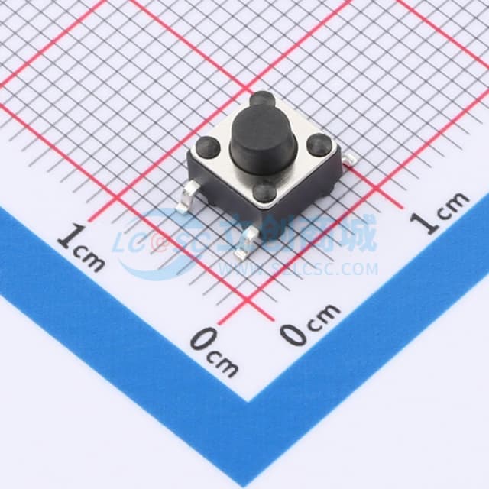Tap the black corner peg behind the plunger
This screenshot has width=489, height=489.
click(261, 99)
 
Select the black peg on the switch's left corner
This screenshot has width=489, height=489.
click(208, 147)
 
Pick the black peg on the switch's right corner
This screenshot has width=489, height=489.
click(319, 144)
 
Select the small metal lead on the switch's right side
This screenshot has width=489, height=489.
click(350, 160)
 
